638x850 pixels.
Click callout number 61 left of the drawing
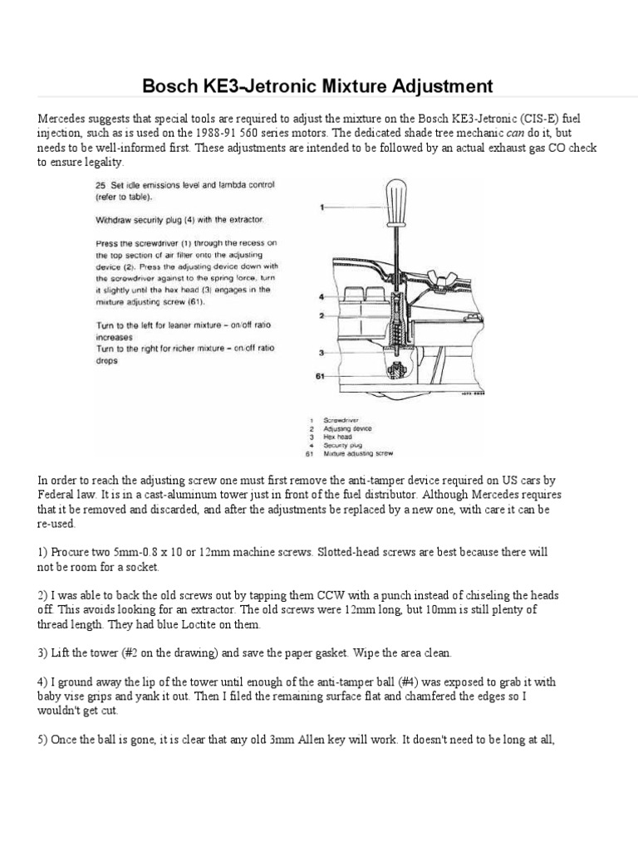tap(321, 376)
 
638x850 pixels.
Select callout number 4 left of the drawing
tap(321, 296)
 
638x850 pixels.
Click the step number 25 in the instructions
tap(100, 184)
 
